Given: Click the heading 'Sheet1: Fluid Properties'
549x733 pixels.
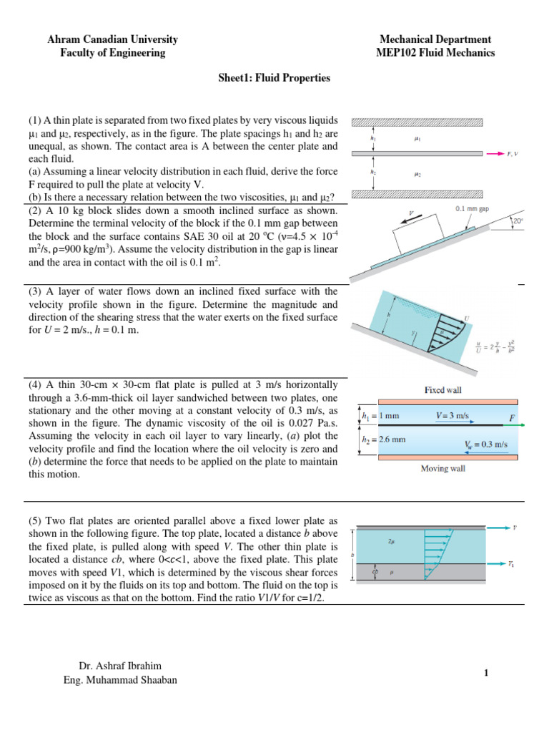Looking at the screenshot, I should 274,78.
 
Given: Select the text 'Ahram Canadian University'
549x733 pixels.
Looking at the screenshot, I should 112,39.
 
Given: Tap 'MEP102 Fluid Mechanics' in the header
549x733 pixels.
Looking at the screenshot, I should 435,52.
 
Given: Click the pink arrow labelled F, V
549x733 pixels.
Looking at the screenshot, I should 495,153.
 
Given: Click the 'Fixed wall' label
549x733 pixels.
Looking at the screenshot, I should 444,390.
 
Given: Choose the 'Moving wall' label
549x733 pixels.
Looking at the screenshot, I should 444,469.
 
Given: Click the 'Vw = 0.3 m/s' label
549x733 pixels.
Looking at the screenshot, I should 482,445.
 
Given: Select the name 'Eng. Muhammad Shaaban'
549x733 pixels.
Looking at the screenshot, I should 120,680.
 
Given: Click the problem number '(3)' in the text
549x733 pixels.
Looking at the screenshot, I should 36,291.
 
